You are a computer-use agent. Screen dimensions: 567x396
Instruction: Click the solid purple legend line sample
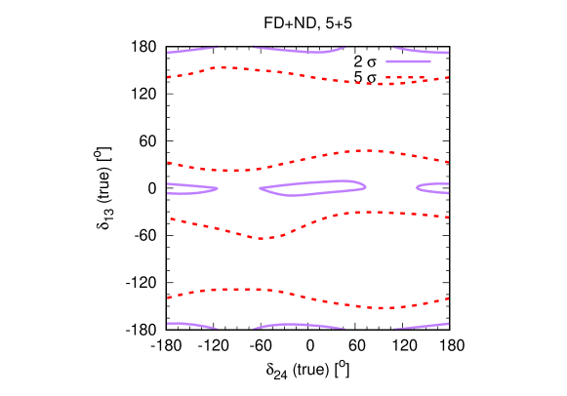click(408, 61)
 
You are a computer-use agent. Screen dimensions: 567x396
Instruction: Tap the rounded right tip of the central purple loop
click(365, 185)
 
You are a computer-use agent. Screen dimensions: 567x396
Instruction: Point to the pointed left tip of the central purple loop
click(261, 189)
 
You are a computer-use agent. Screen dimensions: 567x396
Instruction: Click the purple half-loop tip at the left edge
click(217, 188)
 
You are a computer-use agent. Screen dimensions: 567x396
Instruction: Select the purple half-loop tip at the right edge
click(418, 187)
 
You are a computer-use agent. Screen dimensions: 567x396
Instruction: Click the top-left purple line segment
click(191, 50)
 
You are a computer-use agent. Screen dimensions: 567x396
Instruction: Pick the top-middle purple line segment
click(299, 50)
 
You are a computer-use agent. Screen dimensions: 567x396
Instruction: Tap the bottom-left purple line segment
click(191, 325)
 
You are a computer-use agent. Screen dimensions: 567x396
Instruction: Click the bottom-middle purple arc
click(299, 325)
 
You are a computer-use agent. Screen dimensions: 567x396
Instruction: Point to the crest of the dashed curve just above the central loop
click(368, 150)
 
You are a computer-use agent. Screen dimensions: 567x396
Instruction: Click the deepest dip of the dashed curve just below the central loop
click(261, 237)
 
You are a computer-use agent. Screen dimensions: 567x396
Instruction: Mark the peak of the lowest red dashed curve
click(238, 289)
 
